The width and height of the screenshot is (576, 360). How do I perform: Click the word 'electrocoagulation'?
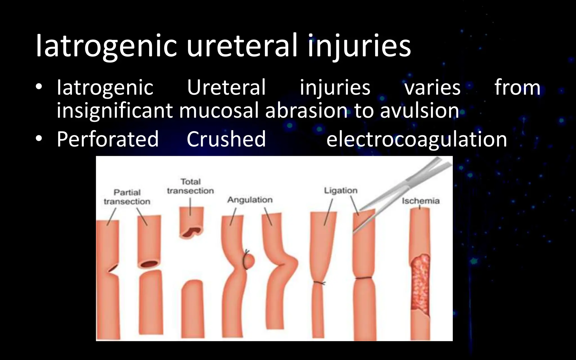pyautogui.click(x=417, y=139)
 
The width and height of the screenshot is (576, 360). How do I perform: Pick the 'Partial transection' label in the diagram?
pyautogui.click(x=127, y=197)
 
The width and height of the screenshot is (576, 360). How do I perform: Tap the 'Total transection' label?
pyautogui.click(x=190, y=186)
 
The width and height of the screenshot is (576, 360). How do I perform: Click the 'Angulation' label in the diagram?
pyautogui.click(x=250, y=200)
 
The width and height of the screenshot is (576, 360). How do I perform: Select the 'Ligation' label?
pyautogui.click(x=341, y=190)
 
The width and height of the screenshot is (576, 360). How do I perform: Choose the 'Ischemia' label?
pyautogui.click(x=420, y=201)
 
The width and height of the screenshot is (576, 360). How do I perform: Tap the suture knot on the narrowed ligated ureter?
pyautogui.click(x=320, y=283)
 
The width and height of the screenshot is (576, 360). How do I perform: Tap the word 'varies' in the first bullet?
pyautogui.click(x=432, y=87)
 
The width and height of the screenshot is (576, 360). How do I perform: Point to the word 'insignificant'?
pyautogui.click(x=114, y=111)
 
